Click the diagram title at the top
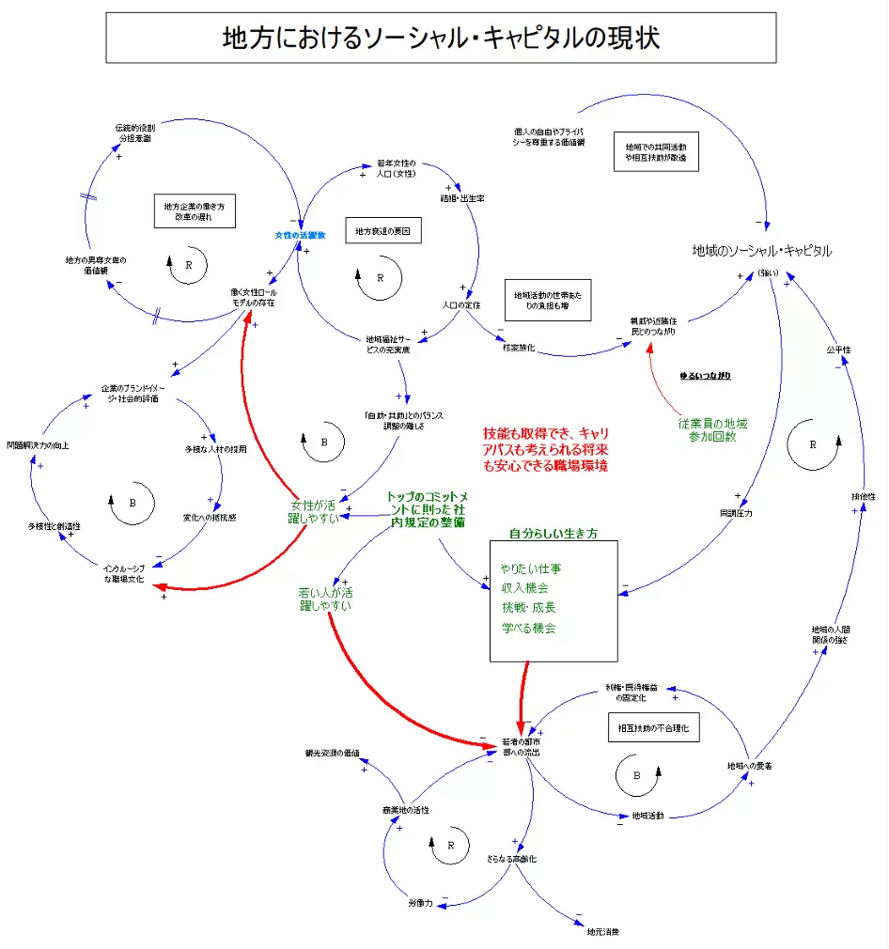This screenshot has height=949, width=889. [x=441, y=38]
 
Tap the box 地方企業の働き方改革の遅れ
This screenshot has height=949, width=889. [x=194, y=211]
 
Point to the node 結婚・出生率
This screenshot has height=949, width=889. [x=462, y=199]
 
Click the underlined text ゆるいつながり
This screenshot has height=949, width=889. [x=705, y=376]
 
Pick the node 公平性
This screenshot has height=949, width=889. [x=838, y=350]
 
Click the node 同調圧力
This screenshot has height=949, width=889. [x=736, y=513]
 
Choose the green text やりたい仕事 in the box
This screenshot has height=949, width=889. [x=532, y=568]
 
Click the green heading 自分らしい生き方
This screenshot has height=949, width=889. [x=554, y=533]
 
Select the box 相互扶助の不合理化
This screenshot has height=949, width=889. [x=653, y=728]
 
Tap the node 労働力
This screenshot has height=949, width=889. [x=420, y=903]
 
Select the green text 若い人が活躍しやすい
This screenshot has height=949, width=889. [x=326, y=599]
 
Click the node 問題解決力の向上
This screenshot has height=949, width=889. [x=38, y=444]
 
